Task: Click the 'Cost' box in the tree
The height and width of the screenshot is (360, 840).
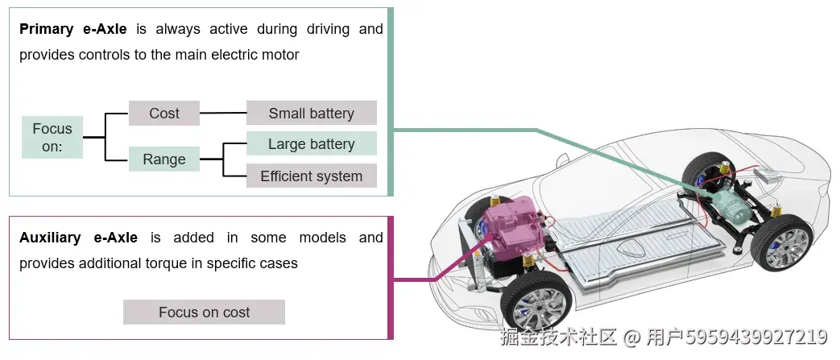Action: pos(164,114)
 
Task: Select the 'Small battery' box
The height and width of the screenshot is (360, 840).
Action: pos(311,114)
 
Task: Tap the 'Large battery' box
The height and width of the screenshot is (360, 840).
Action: pos(311,144)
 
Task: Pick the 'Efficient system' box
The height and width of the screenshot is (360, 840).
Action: pos(311,176)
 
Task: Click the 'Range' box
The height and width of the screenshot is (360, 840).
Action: pos(164,159)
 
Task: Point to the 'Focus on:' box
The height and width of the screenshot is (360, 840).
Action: pos(52,138)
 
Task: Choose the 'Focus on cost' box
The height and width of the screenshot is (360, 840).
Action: pos(204,312)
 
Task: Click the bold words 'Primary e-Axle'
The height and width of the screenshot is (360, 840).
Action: pos(72,30)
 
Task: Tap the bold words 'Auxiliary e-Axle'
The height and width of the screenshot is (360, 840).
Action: pos(78,238)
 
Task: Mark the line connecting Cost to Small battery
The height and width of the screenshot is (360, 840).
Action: pos(222,114)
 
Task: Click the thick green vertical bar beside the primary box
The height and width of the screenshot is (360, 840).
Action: pos(391,102)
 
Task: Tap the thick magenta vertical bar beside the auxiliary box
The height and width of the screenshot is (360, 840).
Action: pos(391,277)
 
